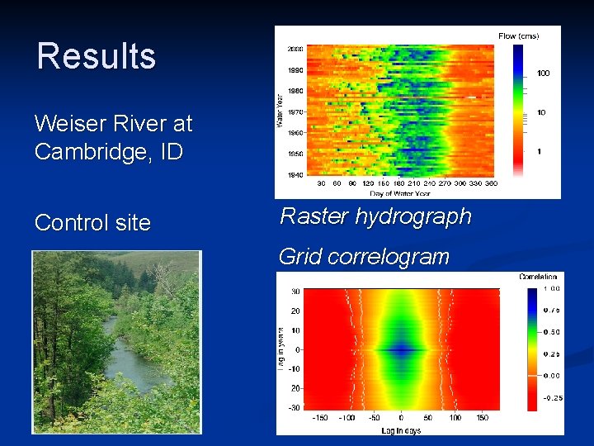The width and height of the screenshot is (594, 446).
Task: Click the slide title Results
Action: tap(96, 56)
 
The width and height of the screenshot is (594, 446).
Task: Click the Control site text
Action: tap(92, 222)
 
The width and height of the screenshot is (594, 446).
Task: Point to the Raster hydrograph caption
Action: tap(375, 216)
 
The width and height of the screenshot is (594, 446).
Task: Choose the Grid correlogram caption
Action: tap(364, 256)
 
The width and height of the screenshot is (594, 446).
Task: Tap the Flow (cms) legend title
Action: tap(518, 36)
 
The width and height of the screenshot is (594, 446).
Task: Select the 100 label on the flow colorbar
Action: tap(544, 74)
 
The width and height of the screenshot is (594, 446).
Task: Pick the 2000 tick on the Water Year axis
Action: tap(295, 49)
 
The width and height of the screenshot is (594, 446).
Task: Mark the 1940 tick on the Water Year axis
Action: tap(295, 174)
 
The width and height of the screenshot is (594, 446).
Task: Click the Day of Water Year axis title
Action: tap(399, 192)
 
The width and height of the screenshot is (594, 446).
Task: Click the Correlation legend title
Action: tap(538, 278)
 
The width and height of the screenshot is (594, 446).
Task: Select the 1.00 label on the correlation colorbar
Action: tap(551, 288)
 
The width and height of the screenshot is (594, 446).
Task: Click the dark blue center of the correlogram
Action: tap(401, 349)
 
